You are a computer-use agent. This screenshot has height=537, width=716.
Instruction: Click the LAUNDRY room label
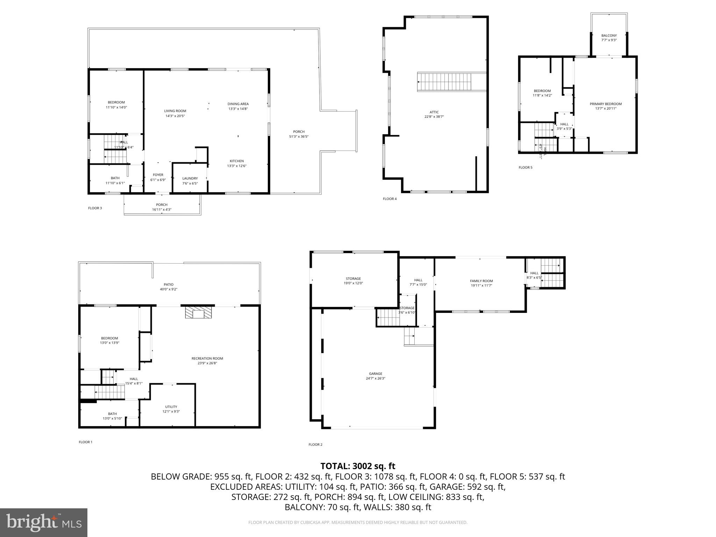click(190, 178)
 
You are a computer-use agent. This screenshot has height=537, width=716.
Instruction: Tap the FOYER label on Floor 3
click(158, 175)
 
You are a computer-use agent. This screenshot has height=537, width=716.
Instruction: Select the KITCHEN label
click(237, 161)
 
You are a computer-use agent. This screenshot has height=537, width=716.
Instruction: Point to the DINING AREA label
click(238, 104)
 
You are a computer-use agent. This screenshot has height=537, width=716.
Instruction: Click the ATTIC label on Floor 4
click(434, 112)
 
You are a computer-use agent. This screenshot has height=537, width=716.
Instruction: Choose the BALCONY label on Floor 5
click(609, 35)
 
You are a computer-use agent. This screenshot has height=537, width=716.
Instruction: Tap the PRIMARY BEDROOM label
click(606, 104)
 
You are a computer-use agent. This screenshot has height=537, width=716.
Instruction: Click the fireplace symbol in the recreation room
click(198, 313)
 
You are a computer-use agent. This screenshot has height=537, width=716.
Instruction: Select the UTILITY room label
click(171, 407)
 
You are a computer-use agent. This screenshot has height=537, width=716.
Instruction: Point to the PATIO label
click(169, 285)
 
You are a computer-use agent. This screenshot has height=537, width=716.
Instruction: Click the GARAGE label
click(375, 373)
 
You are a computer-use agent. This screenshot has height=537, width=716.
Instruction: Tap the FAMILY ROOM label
click(481, 281)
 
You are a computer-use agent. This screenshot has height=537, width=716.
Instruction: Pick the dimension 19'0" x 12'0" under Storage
click(353, 283)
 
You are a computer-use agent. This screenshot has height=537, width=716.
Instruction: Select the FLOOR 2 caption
click(315, 444)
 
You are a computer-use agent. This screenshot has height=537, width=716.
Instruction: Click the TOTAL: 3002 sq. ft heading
click(358, 466)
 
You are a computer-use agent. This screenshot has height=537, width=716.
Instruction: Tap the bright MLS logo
click(44, 522)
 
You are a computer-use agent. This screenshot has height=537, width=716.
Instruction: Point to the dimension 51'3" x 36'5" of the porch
click(299, 136)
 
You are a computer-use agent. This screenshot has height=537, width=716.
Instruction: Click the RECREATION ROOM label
click(207, 358)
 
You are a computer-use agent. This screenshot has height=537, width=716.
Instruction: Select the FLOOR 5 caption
click(525, 167)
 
